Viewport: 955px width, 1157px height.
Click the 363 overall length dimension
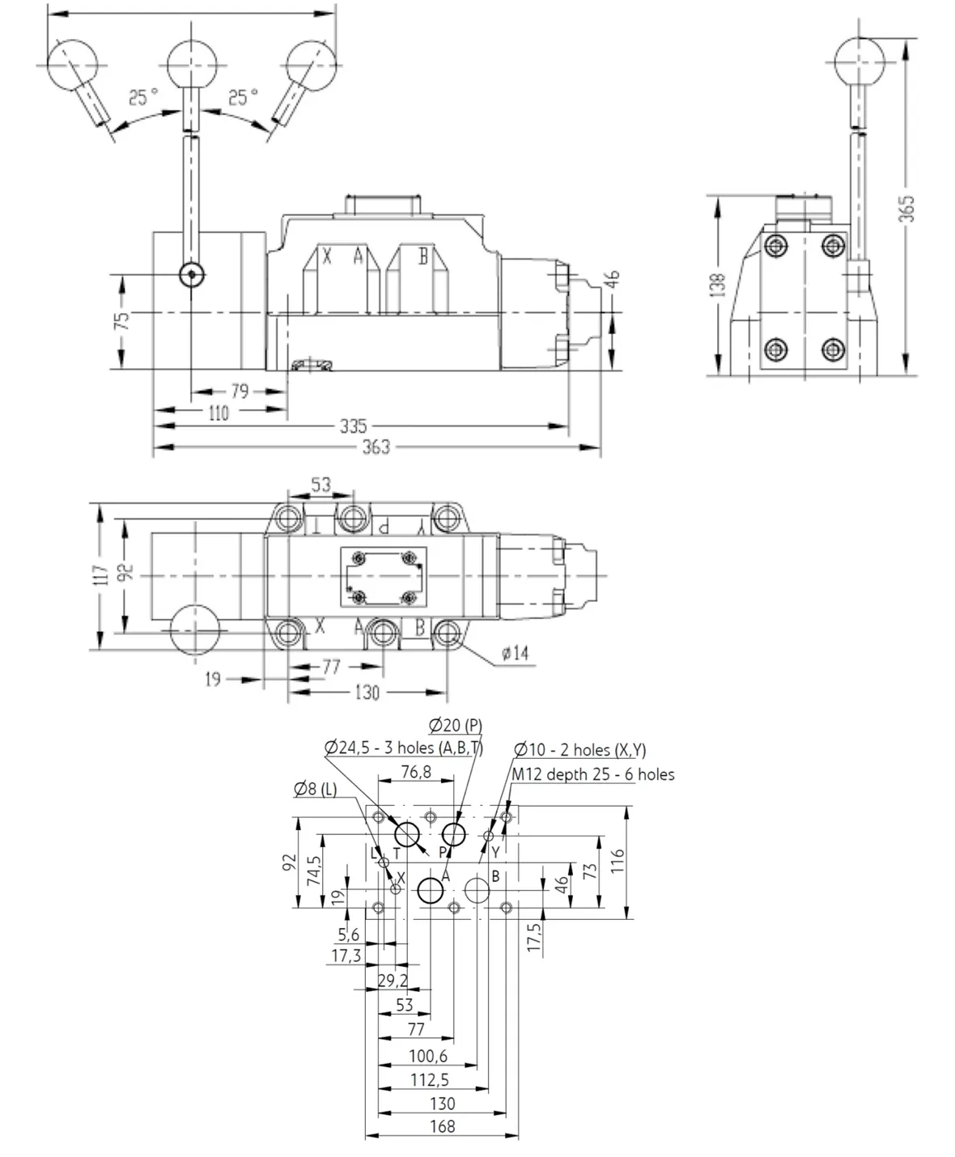[376, 447]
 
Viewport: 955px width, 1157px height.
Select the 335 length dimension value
[354, 426]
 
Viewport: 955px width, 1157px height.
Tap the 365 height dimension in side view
[906, 209]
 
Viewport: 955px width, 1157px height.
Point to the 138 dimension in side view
[718, 286]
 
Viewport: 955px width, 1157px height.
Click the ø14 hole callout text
[515, 653]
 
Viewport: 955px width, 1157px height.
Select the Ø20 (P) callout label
[456, 725]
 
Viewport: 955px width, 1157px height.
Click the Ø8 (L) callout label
[315, 789]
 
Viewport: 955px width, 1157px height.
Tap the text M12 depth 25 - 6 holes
[592, 774]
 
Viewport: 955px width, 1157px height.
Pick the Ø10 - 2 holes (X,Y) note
[579, 750]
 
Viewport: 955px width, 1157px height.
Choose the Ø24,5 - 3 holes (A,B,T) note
[404, 748]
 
